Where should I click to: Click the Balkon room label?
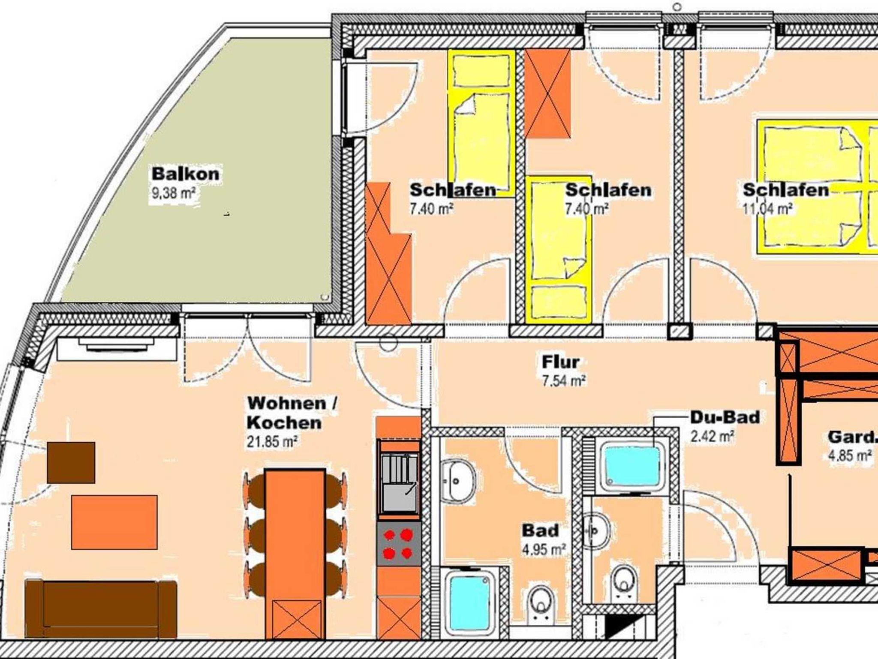coord(186,174)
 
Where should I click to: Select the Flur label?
coord(560,362)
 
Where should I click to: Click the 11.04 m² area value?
coord(767,209)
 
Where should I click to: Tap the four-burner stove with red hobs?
coord(399,544)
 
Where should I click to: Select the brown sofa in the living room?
coord(101,609)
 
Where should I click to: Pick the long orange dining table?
coord(295,555)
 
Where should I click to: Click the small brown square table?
coord(71,463)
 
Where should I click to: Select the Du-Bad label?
coord(725,417)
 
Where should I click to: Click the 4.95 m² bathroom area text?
coord(544,549)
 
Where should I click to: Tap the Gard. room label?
coord(852,437)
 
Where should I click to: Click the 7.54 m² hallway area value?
coord(564,380)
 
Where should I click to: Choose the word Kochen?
coord(284,422)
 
